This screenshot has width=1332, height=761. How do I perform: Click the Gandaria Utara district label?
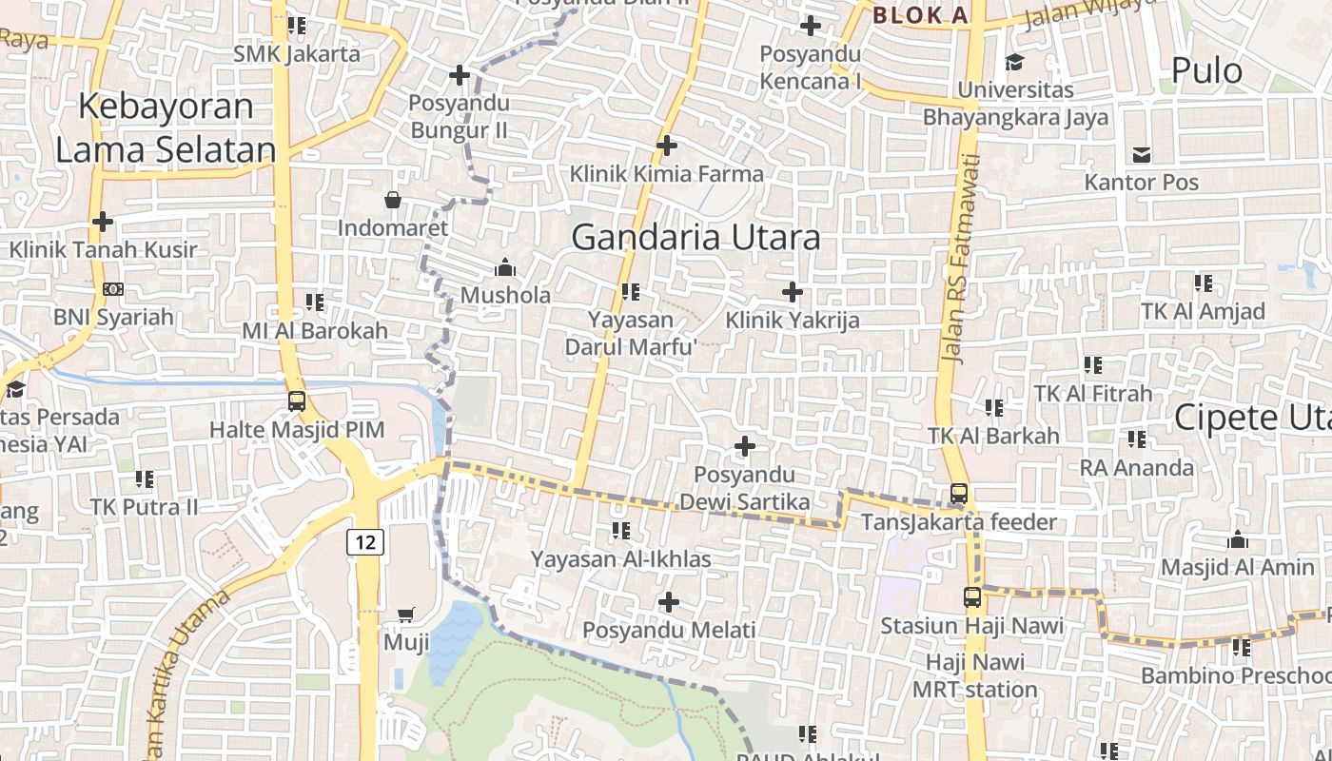[x=695, y=237]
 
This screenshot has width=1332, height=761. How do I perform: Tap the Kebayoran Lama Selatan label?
[x=166, y=127]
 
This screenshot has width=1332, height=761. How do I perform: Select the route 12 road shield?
[x=365, y=542]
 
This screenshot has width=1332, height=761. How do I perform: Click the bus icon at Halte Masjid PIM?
[x=297, y=400]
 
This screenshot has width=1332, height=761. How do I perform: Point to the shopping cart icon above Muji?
[x=406, y=615]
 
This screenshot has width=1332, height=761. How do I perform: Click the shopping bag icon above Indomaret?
[x=392, y=200]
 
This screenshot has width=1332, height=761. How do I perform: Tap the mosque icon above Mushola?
[x=505, y=266]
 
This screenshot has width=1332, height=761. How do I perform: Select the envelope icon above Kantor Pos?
[x=1142, y=154]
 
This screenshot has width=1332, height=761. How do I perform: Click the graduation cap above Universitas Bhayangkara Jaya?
[x=1015, y=62]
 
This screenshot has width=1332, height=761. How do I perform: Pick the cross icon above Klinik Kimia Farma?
[x=667, y=146]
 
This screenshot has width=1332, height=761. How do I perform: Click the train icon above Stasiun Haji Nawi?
[x=971, y=597]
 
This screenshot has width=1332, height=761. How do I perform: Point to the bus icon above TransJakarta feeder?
[x=959, y=494]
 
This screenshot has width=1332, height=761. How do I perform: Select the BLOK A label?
[x=920, y=15]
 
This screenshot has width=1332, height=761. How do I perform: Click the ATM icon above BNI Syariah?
[x=112, y=288]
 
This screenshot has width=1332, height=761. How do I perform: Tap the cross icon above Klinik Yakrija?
[x=792, y=292]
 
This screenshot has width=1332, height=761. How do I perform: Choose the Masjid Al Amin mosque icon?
[x=1237, y=539]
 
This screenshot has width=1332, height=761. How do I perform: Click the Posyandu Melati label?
[x=669, y=630]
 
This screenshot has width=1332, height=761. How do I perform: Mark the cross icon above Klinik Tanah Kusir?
[x=103, y=222]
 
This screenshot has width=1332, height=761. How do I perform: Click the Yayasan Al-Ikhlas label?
[x=620, y=558]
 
